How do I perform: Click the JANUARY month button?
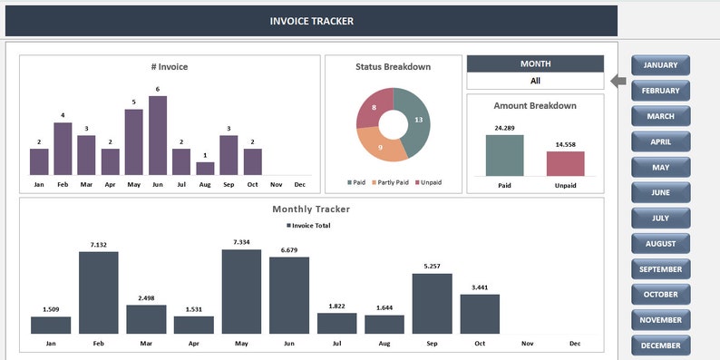[660, 65]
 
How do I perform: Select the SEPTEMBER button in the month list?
[660, 269]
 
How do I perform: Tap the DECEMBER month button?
[660, 345]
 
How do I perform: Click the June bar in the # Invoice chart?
[158, 135]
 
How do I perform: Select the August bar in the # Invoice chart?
[205, 168]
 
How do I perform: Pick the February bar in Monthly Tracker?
[98, 292]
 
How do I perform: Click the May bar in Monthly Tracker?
[241, 291]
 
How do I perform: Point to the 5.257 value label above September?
[432, 266]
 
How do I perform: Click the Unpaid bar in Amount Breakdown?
[565, 163]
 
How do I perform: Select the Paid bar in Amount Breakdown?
[504, 155]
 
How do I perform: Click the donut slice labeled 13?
[415, 122]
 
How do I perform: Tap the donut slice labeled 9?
[381, 144]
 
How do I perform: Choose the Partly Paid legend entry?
[392, 182]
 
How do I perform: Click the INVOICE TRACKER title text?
[312, 21]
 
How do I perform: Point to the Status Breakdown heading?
[393, 67]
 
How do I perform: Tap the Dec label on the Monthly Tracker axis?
[575, 344]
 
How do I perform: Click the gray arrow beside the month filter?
[618, 82]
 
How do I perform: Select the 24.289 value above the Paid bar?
[504, 128]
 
